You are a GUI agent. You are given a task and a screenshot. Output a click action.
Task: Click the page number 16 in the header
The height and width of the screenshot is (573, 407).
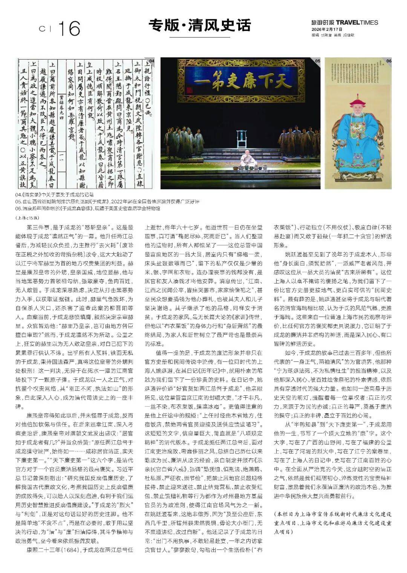coord(69,28)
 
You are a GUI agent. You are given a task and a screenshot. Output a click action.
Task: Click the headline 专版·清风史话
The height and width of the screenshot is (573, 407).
coord(199,26)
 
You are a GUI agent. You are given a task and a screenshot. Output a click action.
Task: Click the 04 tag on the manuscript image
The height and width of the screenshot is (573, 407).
coord(151,61)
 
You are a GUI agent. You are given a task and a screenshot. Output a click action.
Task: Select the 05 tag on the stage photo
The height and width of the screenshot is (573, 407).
coord(317,61)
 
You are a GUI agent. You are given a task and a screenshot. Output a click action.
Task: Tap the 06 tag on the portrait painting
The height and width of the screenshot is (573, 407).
coord(389,61)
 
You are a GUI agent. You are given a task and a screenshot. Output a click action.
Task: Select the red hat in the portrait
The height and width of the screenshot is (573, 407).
coord(358,101)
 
